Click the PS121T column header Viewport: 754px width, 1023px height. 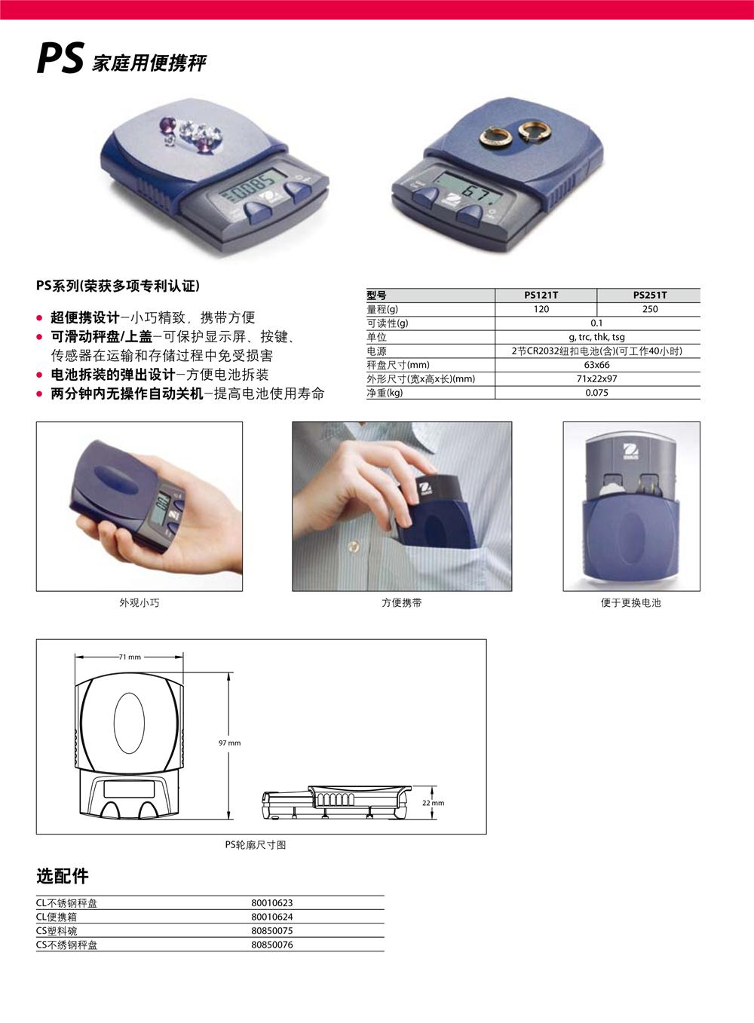541,295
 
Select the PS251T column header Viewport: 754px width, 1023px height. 649,295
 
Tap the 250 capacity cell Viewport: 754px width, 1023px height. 650,309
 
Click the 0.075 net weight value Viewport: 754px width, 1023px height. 596,392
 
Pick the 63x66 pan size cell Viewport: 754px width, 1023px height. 596,365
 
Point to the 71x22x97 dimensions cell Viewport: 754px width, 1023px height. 596,378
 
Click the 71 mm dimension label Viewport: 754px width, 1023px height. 130,657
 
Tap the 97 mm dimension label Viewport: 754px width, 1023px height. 229,743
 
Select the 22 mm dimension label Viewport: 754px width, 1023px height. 433,803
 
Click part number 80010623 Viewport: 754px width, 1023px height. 271,903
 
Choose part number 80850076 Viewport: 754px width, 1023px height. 271,945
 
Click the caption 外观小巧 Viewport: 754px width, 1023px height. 139,603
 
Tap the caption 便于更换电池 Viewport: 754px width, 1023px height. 630,603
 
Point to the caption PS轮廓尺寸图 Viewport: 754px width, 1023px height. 256,845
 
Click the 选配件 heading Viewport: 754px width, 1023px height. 62,876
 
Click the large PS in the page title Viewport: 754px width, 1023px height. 60,58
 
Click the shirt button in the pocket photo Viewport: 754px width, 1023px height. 353,547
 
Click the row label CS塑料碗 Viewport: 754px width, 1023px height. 57,931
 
